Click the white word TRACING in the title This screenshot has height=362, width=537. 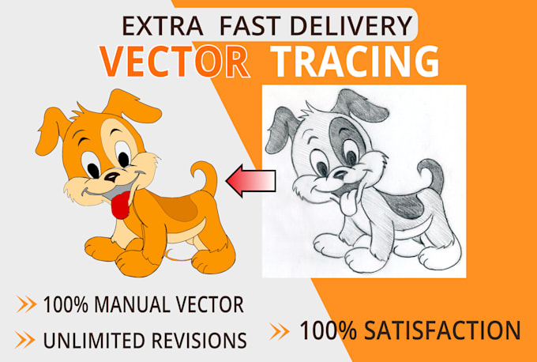tap(355, 62)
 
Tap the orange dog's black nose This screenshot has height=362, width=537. tap(113, 176)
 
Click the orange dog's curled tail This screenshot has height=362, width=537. tap(205, 178)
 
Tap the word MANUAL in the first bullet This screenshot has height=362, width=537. tap(133, 304)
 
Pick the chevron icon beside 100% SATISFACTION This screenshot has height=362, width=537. tap(280, 330)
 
